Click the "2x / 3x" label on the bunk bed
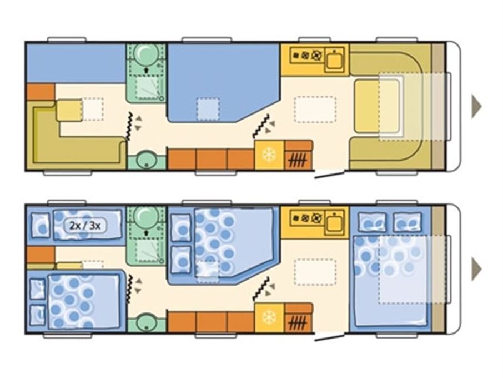coord(85,226)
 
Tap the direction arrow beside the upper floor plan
coord(476,106)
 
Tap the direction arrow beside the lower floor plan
coord(476,269)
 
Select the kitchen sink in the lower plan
coord(334,222)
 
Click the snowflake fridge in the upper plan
coord(269,155)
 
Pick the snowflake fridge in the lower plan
coord(269,317)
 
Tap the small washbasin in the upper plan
coord(147,160)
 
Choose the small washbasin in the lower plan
coord(147,323)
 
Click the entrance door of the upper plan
coord(329,175)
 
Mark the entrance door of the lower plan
coord(329,337)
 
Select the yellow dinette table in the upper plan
coord(378,106)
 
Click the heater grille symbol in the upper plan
coord(298,160)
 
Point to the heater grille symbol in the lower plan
coord(298,322)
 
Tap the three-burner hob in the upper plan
coord(306,56)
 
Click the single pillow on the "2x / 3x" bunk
coord(41,225)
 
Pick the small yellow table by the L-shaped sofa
coord(69,111)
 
